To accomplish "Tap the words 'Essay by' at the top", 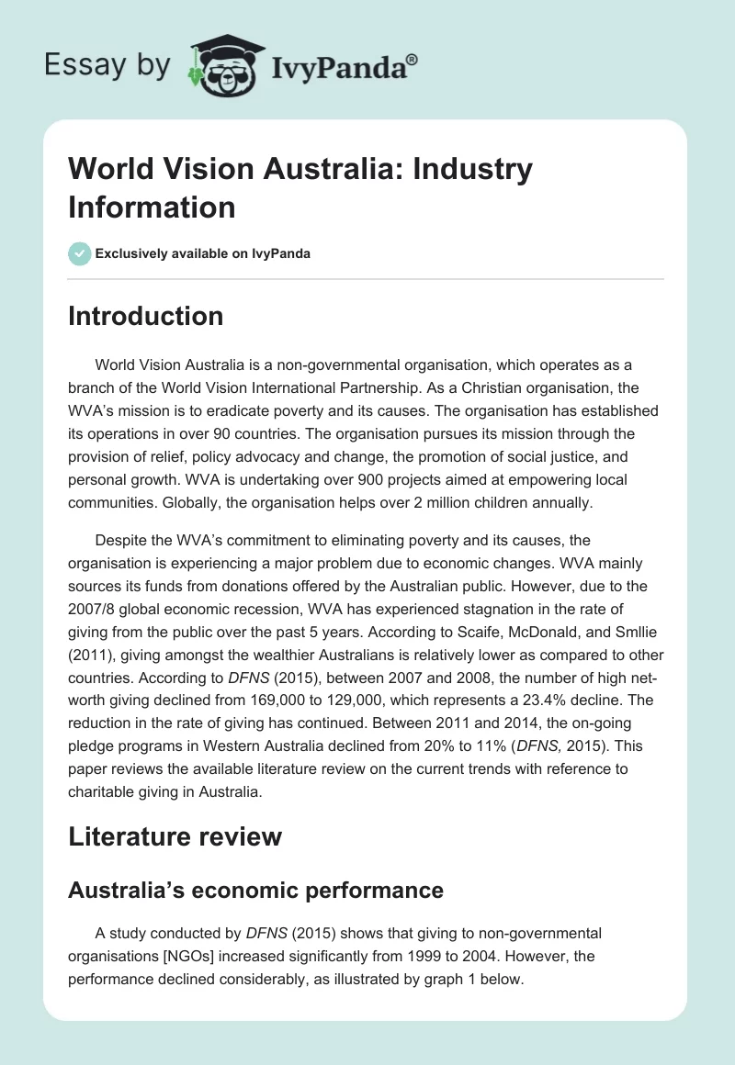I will click(108, 66).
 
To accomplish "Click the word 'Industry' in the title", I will click(468, 170).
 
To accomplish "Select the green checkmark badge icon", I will click(80, 253).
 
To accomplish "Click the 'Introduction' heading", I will click(146, 316).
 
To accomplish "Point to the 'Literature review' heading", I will click(175, 836).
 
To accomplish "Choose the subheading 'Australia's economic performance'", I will click(255, 890).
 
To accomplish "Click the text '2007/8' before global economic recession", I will click(90, 611).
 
